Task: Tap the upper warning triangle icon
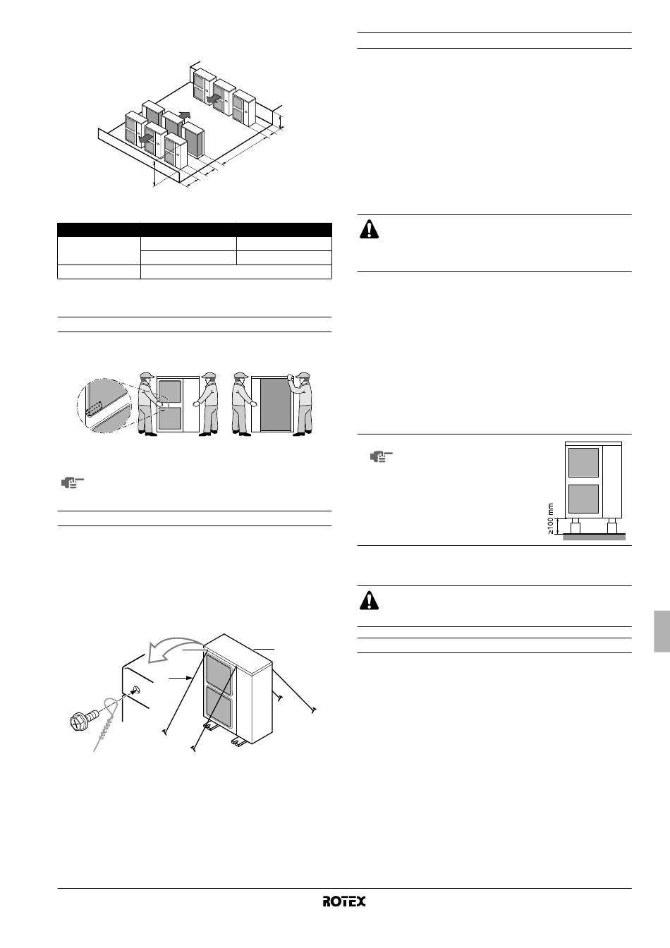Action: click(x=369, y=229)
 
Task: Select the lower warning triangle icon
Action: click(x=369, y=600)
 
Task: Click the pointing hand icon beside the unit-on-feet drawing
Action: click(x=381, y=457)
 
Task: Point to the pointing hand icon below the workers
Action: click(x=73, y=483)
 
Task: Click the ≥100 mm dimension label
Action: click(x=551, y=518)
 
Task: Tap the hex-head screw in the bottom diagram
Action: click(x=85, y=719)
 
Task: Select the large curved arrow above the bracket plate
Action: click(x=176, y=650)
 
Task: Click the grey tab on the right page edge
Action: click(x=662, y=631)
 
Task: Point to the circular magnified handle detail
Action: click(x=104, y=406)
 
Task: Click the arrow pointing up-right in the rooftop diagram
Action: click(x=185, y=115)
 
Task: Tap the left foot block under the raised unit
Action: click(x=575, y=527)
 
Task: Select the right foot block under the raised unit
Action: click(x=612, y=527)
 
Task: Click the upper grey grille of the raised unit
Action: click(x=584, y=463)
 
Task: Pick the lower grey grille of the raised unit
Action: click(x=584, y=499)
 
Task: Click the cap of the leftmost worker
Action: click(x=147, y=375)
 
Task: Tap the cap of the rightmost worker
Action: click(x=303, y=375)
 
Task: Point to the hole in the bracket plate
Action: click(x=135, y=691)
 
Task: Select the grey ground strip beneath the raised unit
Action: click(x=595, y=537)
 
